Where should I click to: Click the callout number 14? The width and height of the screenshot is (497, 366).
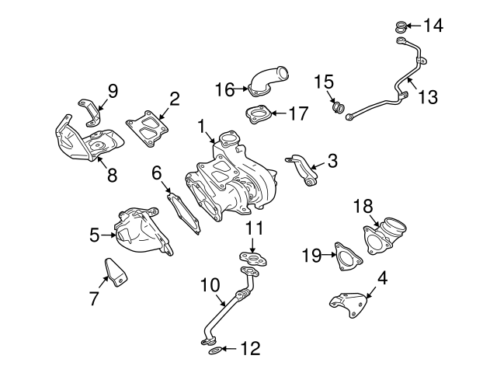click(x=433, y=26)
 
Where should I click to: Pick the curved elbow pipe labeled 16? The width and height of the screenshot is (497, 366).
click(x=266, y=82)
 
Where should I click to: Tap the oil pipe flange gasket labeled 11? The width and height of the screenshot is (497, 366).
click(x=249, y=258)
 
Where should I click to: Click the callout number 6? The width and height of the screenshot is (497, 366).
click(x=156, y=172)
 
